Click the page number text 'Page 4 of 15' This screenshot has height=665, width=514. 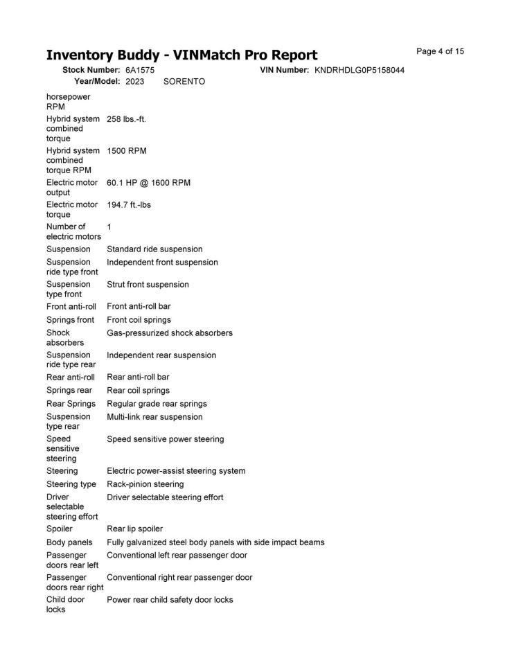point(440,51)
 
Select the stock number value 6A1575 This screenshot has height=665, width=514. point(140,70)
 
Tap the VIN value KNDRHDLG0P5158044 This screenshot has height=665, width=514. point(360,70)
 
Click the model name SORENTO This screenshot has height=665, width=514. point(184,81)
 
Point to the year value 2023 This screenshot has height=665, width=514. point(135,81)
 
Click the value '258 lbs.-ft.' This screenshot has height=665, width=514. point(126,118)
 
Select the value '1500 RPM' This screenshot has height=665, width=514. point(126,150)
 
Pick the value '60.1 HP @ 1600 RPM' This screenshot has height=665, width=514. point(148,183)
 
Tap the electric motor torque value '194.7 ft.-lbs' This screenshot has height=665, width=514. point(129,205)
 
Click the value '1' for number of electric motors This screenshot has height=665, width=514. point(109,227)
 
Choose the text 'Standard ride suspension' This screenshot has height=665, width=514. point(154,249)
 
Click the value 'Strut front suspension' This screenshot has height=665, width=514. point(148,284)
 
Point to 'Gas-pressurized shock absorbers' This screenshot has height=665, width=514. point(170,332)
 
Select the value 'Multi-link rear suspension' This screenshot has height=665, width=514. point(154,416)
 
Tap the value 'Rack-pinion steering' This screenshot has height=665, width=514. point(145,484)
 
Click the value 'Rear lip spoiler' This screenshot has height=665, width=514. point(135,529)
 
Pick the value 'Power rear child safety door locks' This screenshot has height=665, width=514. point(170,599)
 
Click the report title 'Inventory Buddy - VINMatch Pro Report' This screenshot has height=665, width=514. point(181,55)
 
